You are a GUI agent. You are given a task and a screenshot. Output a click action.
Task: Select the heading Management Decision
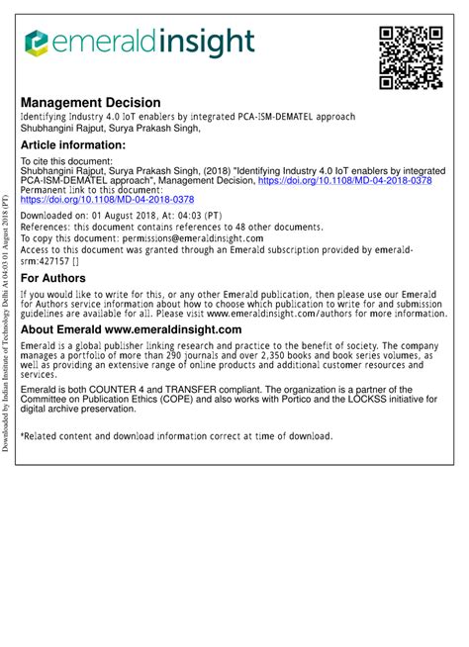tap(90, 103)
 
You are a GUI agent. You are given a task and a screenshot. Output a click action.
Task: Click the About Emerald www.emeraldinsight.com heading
tap(131, 329)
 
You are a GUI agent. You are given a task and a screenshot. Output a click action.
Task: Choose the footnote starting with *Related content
tap(176, 435)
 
